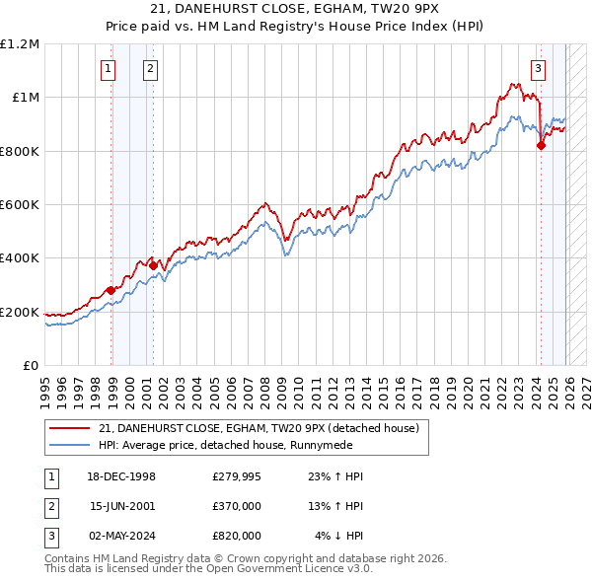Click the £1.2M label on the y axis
pyautogui.click(x=20, y=43)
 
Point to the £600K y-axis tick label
pyautogui.click(x=20, y=205)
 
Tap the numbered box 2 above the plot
pyautogui.click(x=149, y=69)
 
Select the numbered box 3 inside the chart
pyautogui.click(x=538, y=69)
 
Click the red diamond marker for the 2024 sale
pyautogui.click(x=541, y=146)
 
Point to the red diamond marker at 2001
pyautogui.click(x=153, y=265)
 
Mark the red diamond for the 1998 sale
pyautogui.click(x=111, y=290)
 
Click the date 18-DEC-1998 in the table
pyautogui.click(x=122, y=476)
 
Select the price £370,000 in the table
pyautogui.click(x=236, y=506)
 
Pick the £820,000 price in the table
pyautogui.click(x=236, y=536)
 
